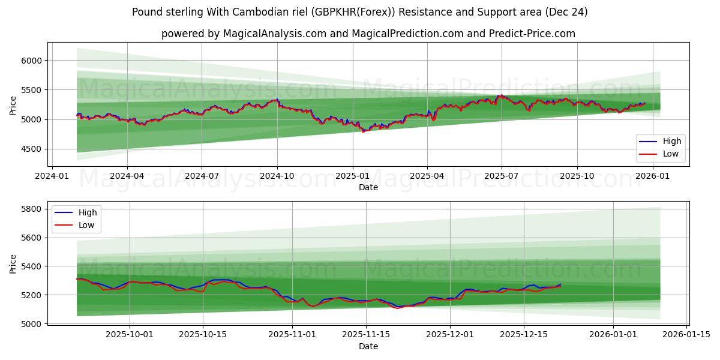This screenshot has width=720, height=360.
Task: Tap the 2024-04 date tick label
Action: (x=127, y=176)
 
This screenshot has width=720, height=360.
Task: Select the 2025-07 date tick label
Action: (x=502, y=176)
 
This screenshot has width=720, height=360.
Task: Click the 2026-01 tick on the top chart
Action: (x=652, y=176)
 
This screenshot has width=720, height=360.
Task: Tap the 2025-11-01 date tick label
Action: (x=292, y=334)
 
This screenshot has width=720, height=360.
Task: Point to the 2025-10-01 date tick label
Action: (x=130, y=334)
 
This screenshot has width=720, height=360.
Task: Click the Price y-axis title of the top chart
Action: (x=13, y=105)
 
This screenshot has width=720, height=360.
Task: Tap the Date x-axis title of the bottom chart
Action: (x=368, y=346)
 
